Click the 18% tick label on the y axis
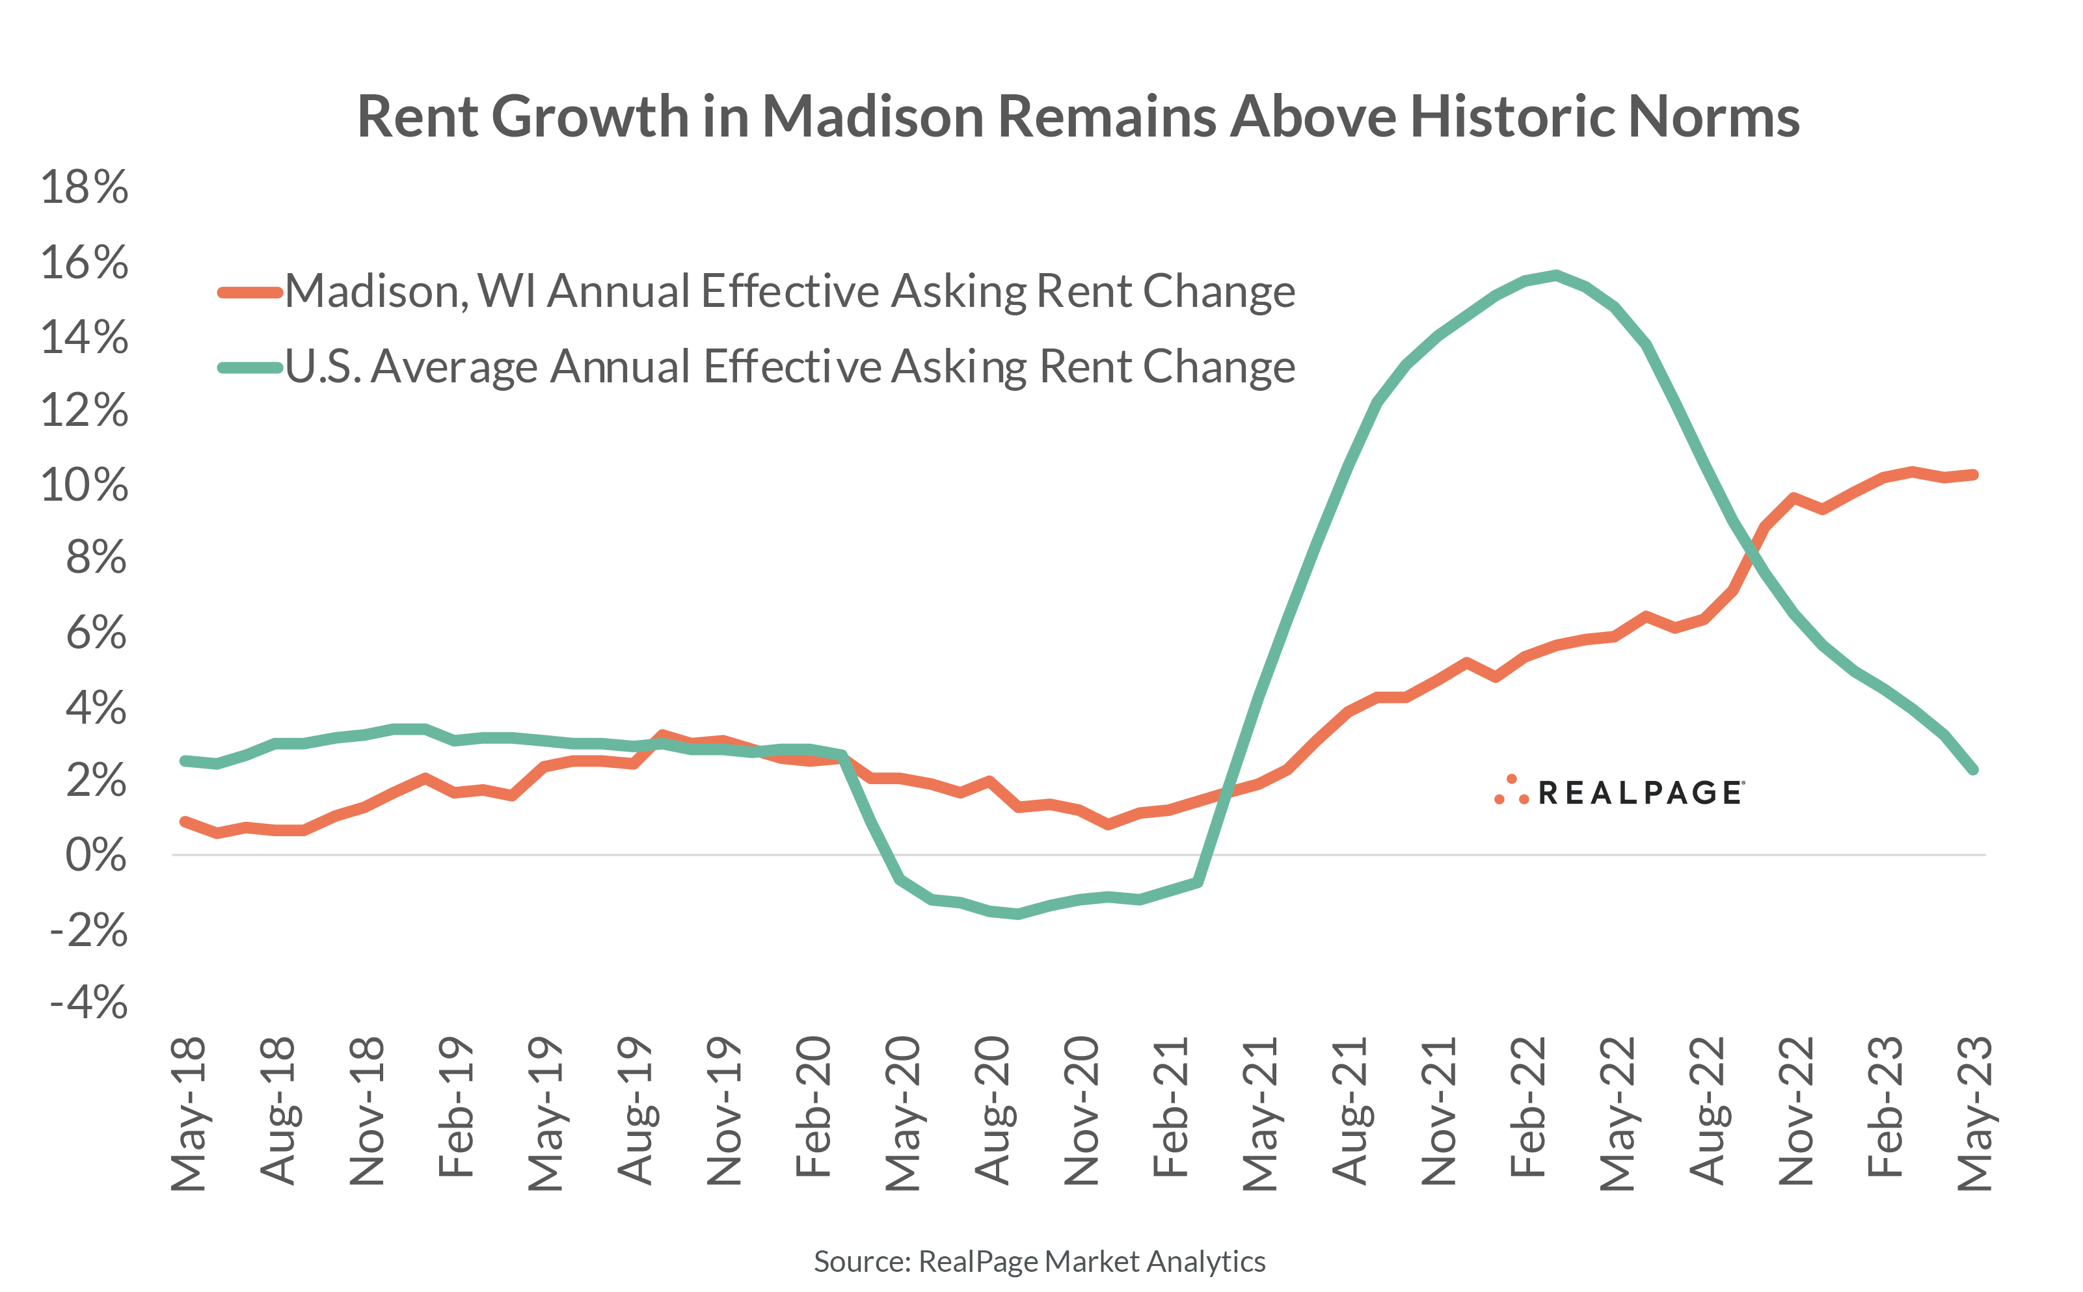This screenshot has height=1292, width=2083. (x=84, y=187)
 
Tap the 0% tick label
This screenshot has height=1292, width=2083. (x=96, y=855)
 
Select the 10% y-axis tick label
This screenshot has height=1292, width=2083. (x=84, y=485)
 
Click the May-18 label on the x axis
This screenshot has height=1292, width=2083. (x=188, y=1113)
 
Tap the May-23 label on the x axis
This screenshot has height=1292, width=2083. (x=1974, y=1113)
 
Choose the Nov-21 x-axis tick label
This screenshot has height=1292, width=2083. (x=1438, y=1111)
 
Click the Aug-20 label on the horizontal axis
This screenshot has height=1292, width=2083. (x=991, y=1111)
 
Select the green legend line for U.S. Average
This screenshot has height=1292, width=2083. (x=250, y=368)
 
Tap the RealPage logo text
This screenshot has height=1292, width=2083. (x=1639, y=793)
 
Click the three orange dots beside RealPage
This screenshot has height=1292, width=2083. (x=1511, y=791)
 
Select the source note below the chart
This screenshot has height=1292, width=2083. (x=1040, y=1261)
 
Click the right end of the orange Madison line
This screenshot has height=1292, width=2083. (x=1974, y=474)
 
